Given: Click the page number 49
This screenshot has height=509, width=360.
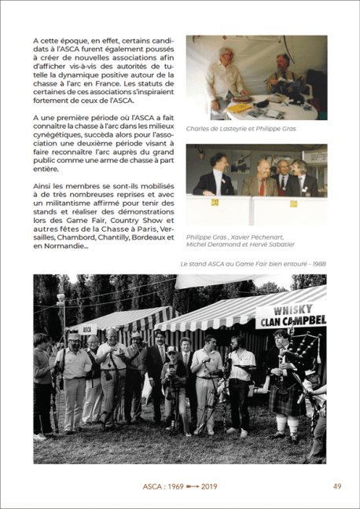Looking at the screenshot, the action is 336,486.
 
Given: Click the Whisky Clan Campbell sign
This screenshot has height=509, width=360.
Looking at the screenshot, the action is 290,312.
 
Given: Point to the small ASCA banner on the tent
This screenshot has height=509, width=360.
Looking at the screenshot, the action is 88,330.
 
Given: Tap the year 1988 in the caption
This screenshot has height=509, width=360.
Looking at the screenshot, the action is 318,263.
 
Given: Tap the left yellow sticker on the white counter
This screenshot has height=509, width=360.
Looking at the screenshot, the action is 215,202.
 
